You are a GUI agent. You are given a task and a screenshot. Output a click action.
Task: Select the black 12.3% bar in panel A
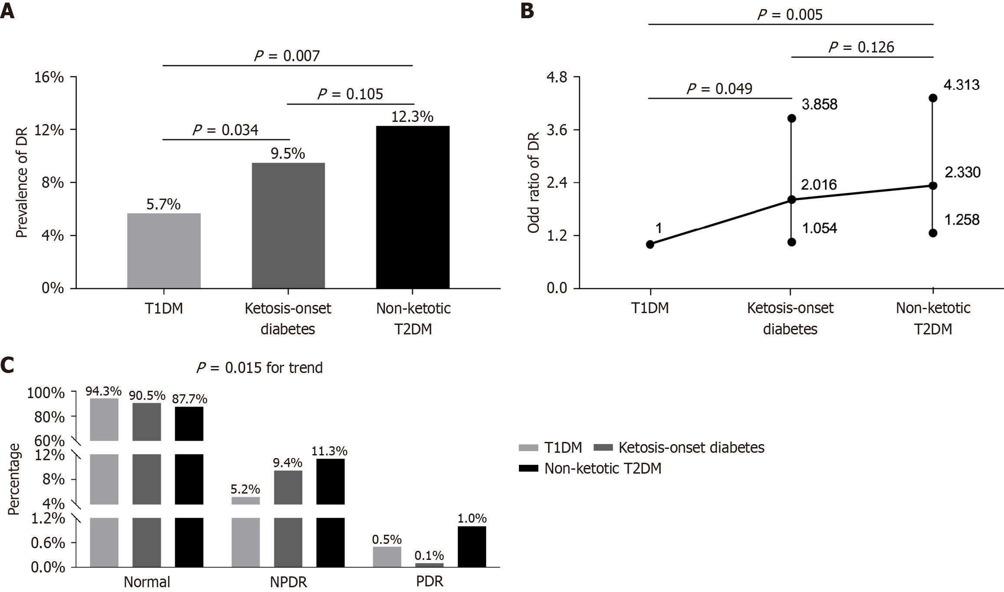[413, 207]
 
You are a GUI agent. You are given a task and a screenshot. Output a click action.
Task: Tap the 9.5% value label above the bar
[288, 154]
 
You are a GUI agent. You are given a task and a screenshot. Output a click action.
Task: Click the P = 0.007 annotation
[287, 56]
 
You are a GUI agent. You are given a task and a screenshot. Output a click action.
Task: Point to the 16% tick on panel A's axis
[52, 78]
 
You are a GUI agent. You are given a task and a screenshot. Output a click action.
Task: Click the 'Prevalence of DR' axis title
[22, 183]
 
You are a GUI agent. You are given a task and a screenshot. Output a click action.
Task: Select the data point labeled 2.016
[791, 200]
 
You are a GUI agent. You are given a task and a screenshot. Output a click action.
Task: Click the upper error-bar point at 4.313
[933, 98]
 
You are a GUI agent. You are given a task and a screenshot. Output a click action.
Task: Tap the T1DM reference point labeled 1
[650, 244]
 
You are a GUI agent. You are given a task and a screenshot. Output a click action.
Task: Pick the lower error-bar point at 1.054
[791, 242]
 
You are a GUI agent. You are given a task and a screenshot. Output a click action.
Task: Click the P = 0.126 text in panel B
[861, 47]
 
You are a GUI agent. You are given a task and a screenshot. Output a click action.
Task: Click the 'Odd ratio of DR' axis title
[533, 183]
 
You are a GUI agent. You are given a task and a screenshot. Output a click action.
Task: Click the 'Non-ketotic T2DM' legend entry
[603, 468]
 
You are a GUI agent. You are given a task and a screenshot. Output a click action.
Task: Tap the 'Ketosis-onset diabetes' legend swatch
[603, 447]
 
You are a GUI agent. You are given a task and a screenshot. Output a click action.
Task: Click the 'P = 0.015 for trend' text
[259, 368]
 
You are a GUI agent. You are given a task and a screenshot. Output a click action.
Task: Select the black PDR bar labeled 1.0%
[472, 546]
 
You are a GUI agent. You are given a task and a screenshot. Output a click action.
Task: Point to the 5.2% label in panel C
[245, 490]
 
